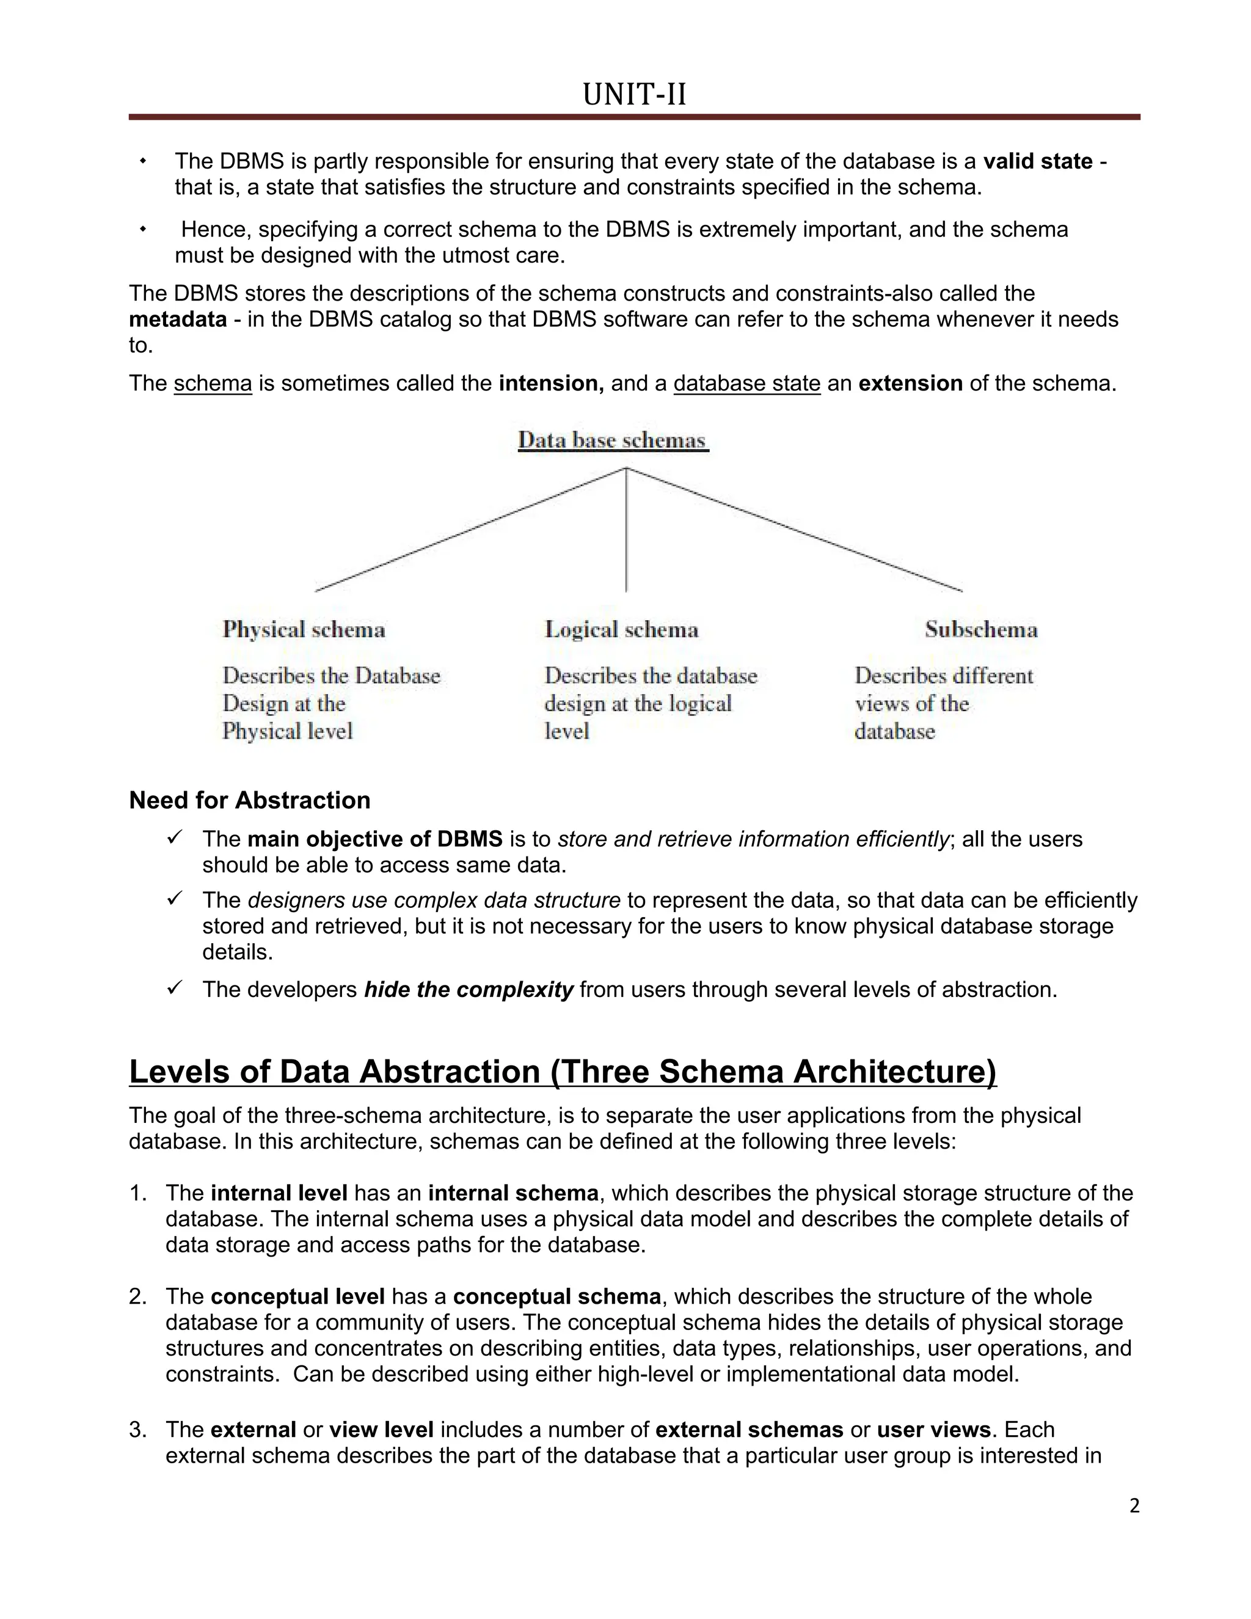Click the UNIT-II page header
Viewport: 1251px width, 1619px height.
click(x=635, y=95)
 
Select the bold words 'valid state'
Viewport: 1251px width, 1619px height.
click(x=1038, y=162)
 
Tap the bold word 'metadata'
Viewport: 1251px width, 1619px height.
click(x=178, y=320)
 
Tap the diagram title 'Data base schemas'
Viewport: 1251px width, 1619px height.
click(x=612, y=440)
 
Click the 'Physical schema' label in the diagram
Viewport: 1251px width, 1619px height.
click(x=304, y=630)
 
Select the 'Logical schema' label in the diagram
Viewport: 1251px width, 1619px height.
click(x=621, y=630)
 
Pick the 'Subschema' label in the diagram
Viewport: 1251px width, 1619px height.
click(x=980, y=630)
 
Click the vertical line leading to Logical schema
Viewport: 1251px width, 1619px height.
click(x=626, y=534)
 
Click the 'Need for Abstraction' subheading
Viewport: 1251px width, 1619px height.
click(x=250, y=800)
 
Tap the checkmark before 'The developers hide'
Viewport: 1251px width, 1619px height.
click(x=174, y=988)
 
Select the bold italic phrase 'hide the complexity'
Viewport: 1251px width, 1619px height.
click(x=469, y=990)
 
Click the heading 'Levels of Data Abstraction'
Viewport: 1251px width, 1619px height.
click(x=563, y=1072)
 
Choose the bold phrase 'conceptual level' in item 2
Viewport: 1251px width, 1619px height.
click(x=297, y=1296)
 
